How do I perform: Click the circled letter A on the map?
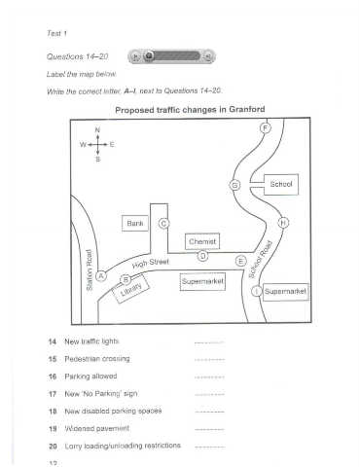coord(101,276)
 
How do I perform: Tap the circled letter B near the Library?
coord(126,279)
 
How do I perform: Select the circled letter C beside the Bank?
coord(163,224)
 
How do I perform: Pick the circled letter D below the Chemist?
coord(203,256)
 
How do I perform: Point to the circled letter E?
coord(240,261)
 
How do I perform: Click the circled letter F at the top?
coord(266,128)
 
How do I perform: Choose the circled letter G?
coord(234,185)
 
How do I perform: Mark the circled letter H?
coord(283,223)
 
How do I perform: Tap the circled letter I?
coord(257,291)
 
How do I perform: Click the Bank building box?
coord(135,223)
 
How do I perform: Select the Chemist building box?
coord(202,241)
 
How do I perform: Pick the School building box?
coord(281,185)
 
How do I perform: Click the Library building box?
coord(130,288)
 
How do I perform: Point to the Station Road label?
coord(90,269)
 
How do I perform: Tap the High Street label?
coord(151,263)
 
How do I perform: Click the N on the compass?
coord(97,130)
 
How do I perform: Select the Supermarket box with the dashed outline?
coord(202,281)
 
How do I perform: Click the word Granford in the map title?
coord(247,109)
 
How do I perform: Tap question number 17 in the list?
coord(53,394)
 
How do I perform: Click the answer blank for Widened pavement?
coord(210,430)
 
